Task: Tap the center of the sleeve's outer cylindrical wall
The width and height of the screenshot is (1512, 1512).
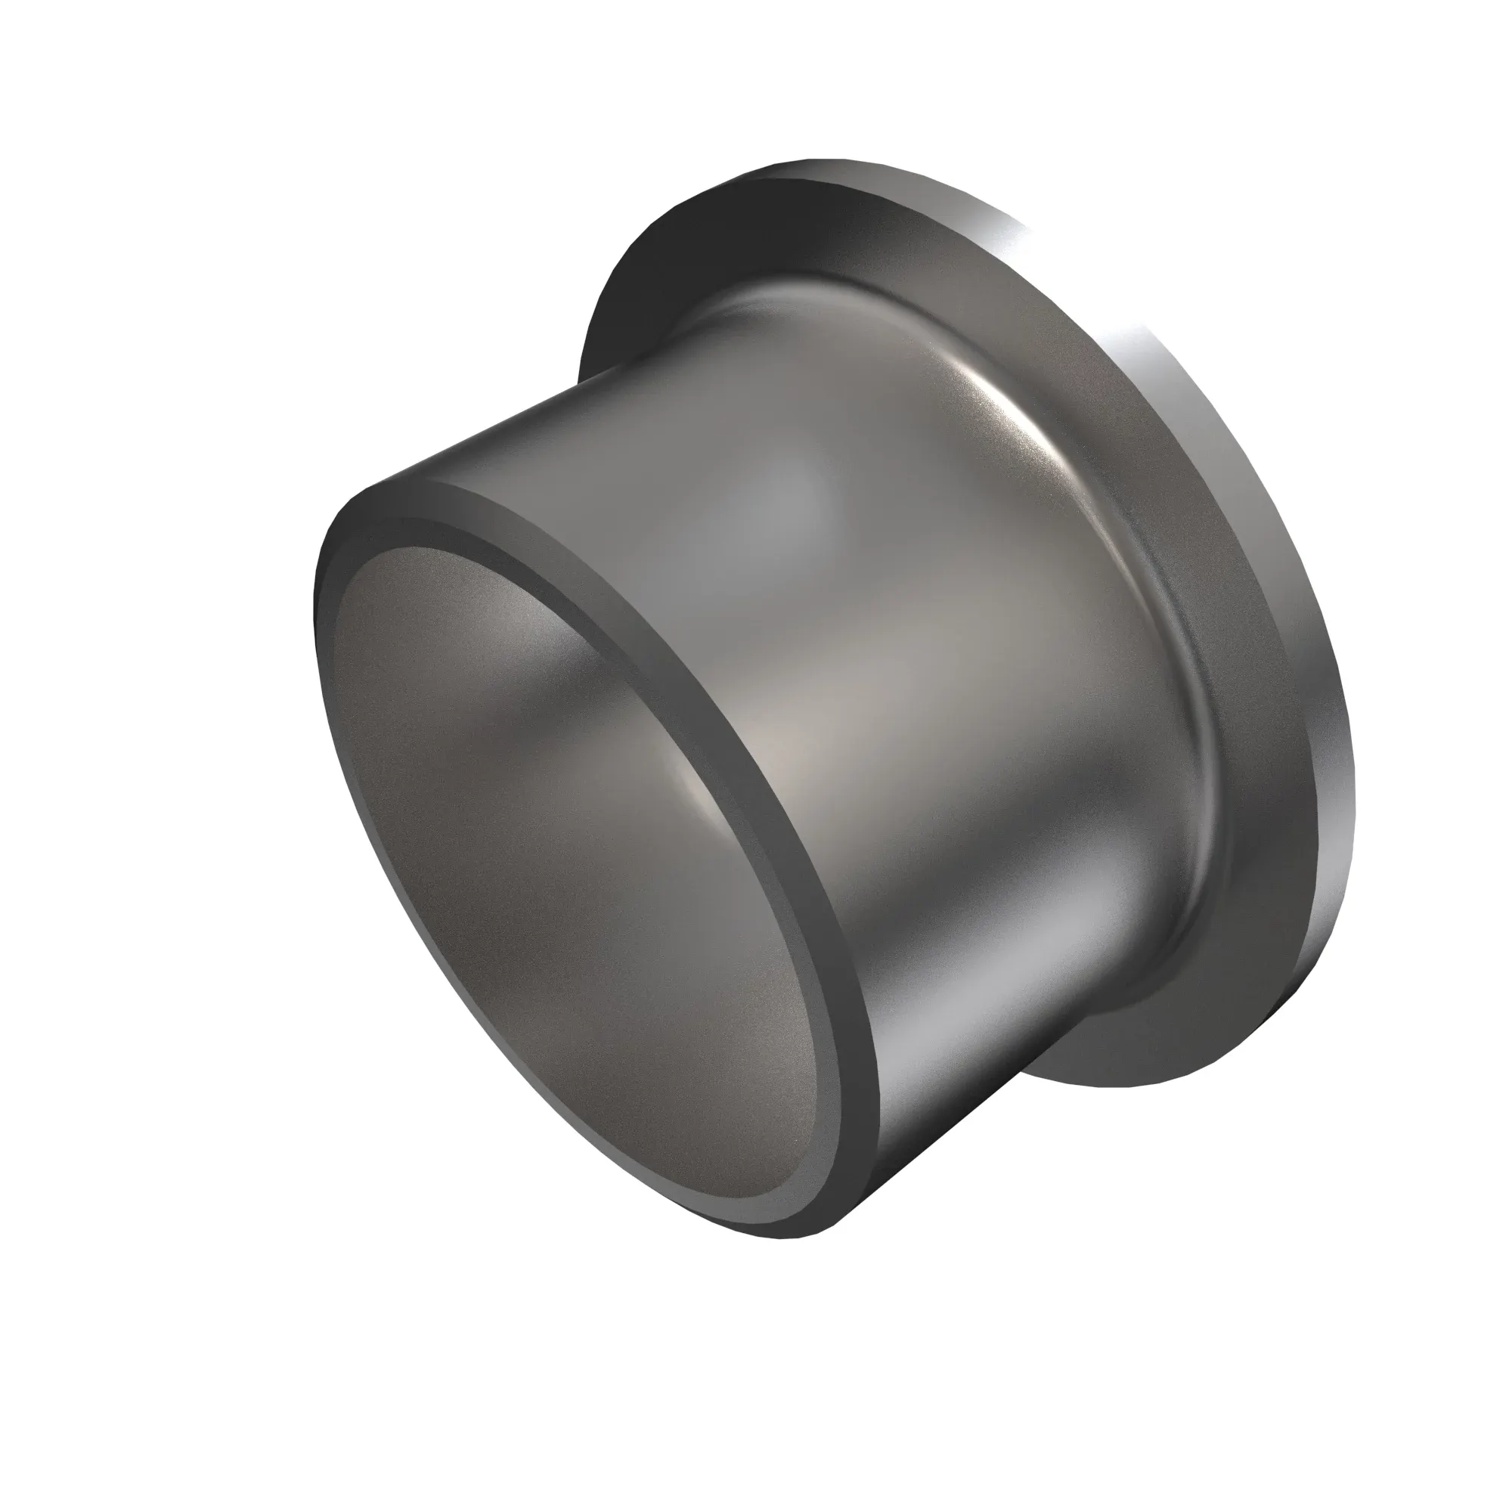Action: click(900, 665)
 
